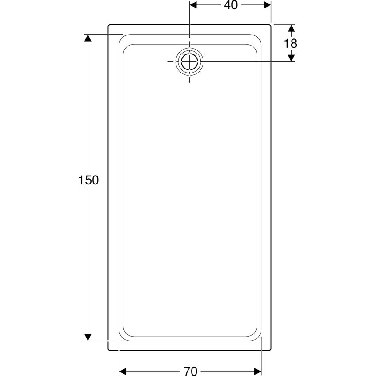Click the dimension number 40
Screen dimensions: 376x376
[x=230, y=5]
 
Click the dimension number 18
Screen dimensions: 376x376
[x=290, y=44]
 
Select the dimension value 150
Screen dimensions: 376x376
[x=88, y=180]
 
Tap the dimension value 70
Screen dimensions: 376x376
[x=191, y=371]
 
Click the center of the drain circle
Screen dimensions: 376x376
[x=190, y=61]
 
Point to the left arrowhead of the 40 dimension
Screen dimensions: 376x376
[x=193, y=5]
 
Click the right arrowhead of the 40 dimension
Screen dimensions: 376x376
[x=267, y=5]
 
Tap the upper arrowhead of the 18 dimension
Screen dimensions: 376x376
[x=291, y=28]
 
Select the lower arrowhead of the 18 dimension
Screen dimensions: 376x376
[x=291, y=58]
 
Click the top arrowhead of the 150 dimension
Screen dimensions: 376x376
[x=88, y=38]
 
